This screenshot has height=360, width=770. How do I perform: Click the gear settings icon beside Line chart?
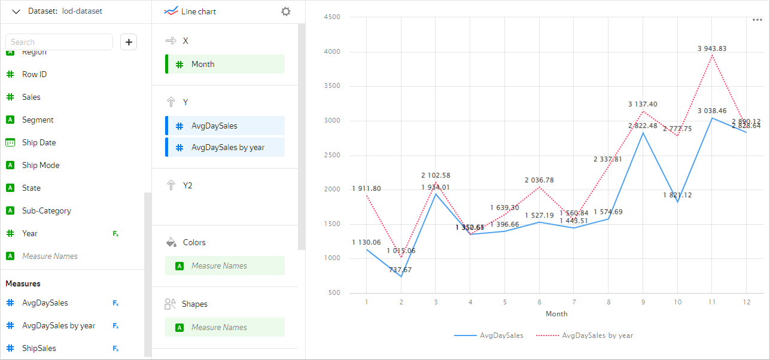click(x=286, y=11)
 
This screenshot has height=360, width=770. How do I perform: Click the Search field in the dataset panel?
click(x=59, y=42)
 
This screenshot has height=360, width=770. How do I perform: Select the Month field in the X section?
click(x=225, y=64)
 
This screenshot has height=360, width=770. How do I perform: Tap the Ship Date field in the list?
click(x=39, y=142)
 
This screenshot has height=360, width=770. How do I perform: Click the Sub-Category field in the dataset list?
click(x=46, y=210)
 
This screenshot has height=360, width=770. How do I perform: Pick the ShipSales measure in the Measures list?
click(x=39, y=348)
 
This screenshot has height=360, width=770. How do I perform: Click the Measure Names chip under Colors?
click(x=225, y=266)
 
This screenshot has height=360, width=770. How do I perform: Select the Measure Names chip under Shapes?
click(x=225, y=327)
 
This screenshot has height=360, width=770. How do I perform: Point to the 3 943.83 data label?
click(x=712, y=48)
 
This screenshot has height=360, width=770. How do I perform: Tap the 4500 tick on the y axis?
click(x=331, y=17)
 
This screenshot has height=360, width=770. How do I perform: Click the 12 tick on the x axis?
click(x=746, y=302)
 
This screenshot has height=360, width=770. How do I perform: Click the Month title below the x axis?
click(x=556, y=313)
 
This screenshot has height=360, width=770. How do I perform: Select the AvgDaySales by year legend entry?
click(x=597, y=335)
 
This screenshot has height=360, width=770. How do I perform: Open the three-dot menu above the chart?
click(x=757, y=20)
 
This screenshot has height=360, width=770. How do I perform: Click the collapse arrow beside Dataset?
click(x=16, y=11)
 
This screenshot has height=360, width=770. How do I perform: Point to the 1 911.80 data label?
click(x=366, y=188)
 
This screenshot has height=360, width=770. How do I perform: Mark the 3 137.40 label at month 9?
click(x=643, y=104)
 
